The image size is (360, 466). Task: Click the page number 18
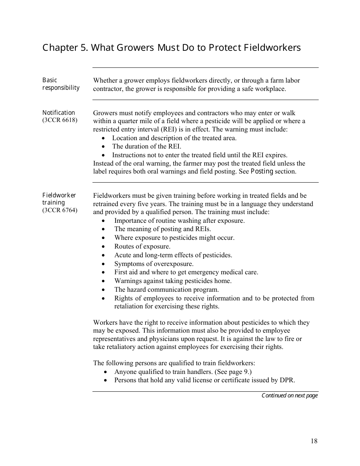click(x=314, y=441)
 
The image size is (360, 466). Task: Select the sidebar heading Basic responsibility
click(x=61, y=84)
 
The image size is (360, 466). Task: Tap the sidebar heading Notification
click(x=59, y=113)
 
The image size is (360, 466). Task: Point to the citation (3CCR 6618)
click(x=60, y=120)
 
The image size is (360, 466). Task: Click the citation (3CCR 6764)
click(x=60, y=210)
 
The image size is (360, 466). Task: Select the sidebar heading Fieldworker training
click(x=59, y=199)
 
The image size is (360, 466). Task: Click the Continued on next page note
click(x=290, y=396)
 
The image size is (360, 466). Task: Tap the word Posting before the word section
click(x=262, y=171)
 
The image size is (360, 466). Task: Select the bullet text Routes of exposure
click(x=142, y=246)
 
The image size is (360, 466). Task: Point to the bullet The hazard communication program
click(x=161, y=289)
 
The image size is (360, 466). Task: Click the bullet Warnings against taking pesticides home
click(x=172, y=281)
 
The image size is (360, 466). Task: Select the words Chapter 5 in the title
click(x=65, y=48)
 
